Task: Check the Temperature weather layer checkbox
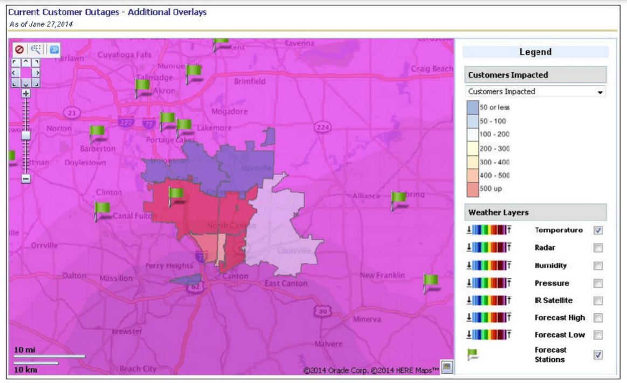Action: [598, 231]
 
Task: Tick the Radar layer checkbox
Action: [598, 248]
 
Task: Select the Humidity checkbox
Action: [598, 266]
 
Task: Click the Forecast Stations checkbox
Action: [598, 355]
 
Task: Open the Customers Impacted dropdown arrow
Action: [600, 92]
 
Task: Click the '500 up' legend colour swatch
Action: [473, 189]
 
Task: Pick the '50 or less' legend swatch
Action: [473, 107]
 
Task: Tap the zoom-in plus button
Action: [26, 93]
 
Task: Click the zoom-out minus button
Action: [26, 179]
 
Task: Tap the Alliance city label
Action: [366, 196]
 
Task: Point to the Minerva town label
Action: [366, 319]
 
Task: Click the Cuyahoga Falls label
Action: [125, 55]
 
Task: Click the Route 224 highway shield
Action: [322, 127]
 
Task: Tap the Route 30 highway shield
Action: [322, 311]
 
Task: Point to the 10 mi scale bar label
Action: [25, 350]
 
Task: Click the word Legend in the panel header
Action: [535, 52]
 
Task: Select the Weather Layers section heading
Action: [498, 212]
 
